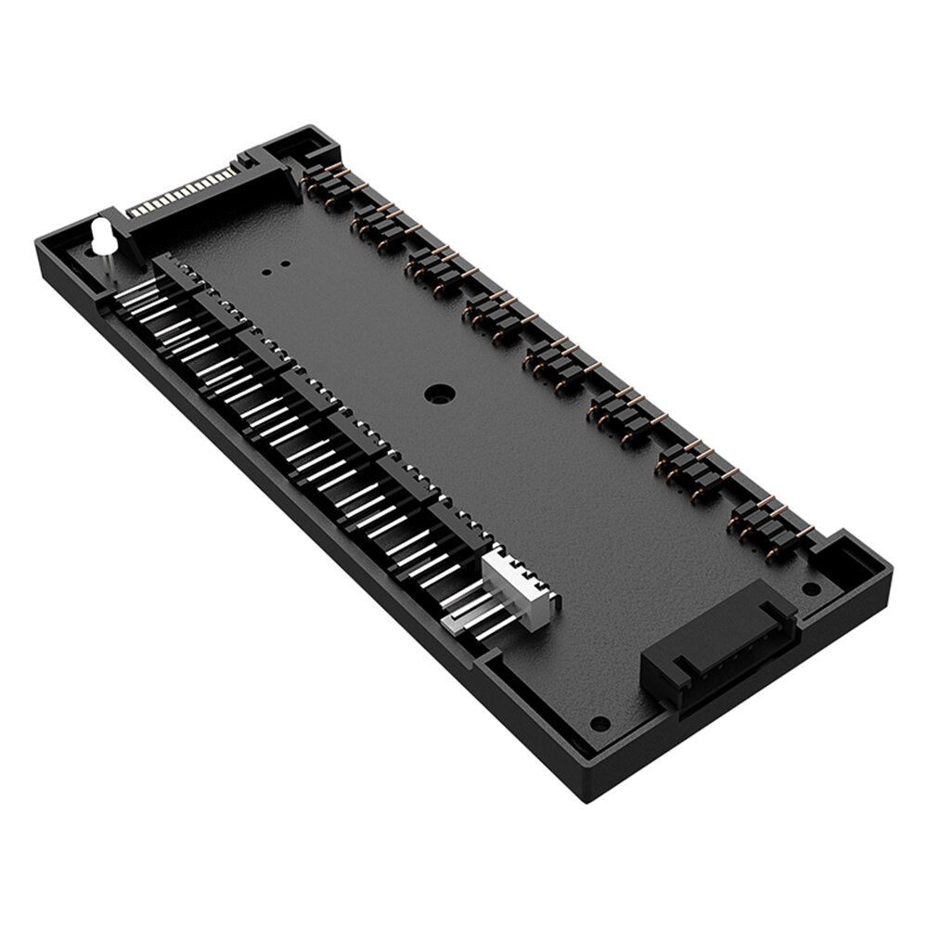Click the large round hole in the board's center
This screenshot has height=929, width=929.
437,393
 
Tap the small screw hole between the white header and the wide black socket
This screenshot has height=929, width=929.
600,723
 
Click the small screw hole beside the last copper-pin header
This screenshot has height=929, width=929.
810,587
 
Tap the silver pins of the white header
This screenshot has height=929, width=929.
469,613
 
